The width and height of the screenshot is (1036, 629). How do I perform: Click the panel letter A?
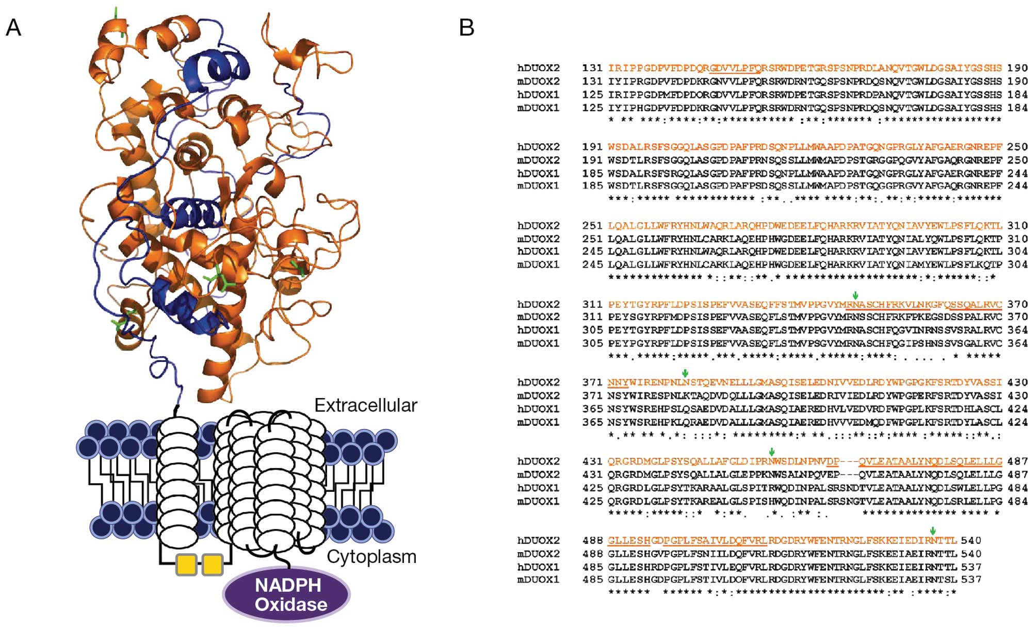pos(13,27)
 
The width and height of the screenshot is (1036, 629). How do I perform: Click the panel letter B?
pos(466,27)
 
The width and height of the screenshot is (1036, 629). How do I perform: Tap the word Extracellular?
pos(365,406)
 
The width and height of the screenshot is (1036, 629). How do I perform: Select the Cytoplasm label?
pos(371,557)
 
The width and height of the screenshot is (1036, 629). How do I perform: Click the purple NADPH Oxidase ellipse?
pos(287,594)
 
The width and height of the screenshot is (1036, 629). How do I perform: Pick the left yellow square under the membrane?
pos(186,565)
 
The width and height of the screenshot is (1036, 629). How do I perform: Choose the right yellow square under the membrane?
pos(212,565)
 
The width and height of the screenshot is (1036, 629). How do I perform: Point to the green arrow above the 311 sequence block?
pos(855,295)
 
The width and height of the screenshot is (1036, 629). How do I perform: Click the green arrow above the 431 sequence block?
pos(771,452)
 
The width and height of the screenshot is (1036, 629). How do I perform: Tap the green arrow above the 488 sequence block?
pos(933,531)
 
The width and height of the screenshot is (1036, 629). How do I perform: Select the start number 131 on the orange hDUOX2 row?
pos(592,68)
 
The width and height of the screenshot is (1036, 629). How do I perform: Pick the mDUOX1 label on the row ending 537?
pos(538,580)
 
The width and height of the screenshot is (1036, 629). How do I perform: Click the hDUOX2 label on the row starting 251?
pos(538,226)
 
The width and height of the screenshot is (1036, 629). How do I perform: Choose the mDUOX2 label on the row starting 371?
pos(538,395)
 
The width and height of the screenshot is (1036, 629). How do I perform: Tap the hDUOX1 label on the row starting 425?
pos(538,488)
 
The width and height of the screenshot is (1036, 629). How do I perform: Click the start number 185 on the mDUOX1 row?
pos(592,186)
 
